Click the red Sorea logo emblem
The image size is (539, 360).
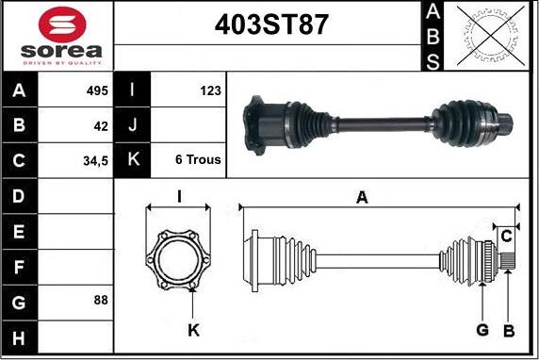[x=62, y=25]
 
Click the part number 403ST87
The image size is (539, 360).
[x=271, y=25]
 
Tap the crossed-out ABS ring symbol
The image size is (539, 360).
[x=491, y=36]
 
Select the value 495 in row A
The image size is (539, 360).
[x=97, y=90]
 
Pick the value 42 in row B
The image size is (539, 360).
[x=101, y=126]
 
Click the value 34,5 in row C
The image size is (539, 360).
[x=95, y=160]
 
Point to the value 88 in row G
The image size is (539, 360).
[x=101, y=300]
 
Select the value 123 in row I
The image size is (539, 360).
[x=210, y=90]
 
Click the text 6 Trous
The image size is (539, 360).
[x=198, y=159]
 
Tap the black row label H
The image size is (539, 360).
[x=19, y=338]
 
